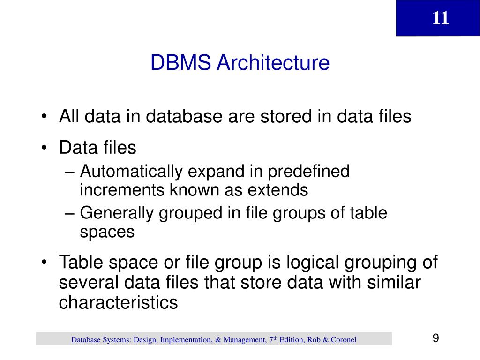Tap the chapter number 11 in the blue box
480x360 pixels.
[x=441, y=18]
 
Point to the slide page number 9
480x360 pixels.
[x=435, y=338]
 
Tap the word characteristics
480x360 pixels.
[x=118, y=302]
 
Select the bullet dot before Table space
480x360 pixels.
[x=44, y=262]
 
